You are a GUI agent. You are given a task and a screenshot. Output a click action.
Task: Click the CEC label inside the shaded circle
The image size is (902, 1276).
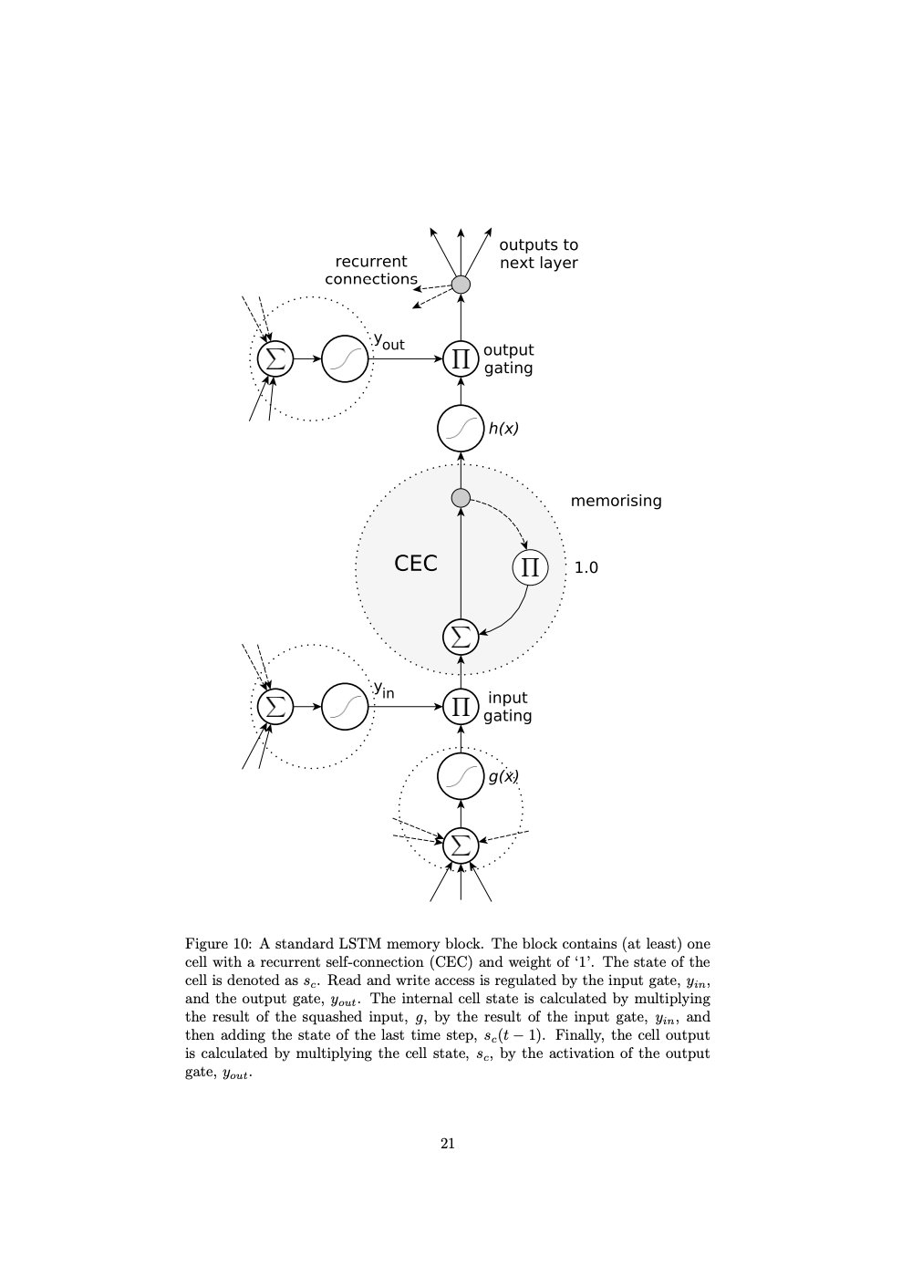click(x=416, y=564)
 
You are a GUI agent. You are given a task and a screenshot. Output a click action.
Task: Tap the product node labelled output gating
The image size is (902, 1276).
click(x=461, y=358)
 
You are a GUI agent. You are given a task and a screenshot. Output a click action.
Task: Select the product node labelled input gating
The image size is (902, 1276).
click(x=461, y=707)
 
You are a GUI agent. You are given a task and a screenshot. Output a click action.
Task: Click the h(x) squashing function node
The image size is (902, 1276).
click(x=461, y=429)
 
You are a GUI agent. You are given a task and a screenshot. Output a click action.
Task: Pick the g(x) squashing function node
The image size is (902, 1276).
click(x=461, y=776)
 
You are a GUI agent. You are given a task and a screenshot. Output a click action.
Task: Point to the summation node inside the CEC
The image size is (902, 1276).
click(x=461, y=636)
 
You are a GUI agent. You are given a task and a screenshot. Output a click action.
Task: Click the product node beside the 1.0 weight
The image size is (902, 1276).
click(x=530, y=567)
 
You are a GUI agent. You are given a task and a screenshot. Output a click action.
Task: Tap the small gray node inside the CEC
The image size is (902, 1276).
click(x=461, y=498)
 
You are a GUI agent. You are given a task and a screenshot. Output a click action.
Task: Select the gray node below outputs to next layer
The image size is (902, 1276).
click(x=461, y=285)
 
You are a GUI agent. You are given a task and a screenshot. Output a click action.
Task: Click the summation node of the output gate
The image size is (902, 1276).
click(x=275, y=358)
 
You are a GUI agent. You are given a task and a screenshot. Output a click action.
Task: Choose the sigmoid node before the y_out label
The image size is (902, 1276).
click(x=345, y=358)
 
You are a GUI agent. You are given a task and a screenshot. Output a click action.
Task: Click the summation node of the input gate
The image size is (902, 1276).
click(x=275, y=706)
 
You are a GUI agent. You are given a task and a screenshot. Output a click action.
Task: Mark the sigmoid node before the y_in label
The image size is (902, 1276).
click(x=345, y=706)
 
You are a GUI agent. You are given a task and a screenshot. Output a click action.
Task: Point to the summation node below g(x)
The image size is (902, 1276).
click(x=461, y=845)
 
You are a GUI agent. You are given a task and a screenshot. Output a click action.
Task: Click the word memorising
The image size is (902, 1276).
click(x=616, y=501)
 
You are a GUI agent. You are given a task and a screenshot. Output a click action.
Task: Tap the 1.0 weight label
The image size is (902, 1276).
click(x=586, y=567)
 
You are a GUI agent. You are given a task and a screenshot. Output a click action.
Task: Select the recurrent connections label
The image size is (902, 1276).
click(x=370, y=270)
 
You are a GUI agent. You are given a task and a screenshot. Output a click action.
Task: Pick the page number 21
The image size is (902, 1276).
click(x=448, y=1143)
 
